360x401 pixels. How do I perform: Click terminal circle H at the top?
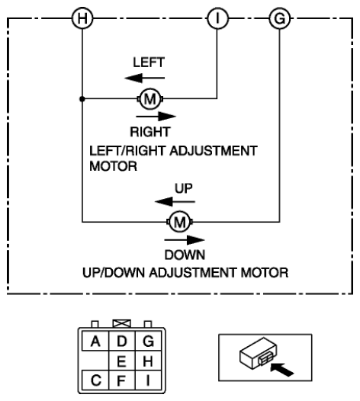click(82, 18)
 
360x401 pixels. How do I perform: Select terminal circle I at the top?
click(217, 18)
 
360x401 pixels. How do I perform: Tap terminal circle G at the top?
click(280, 18)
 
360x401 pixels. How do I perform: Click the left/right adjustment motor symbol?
click(150, 98)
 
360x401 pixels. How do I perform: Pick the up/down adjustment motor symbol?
click(179, 222)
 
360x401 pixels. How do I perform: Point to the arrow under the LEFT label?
click(145, 78)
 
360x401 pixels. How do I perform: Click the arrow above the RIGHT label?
click(156, 117)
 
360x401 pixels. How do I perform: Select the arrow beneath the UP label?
click(175, 202)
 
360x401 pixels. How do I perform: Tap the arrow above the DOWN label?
click(185, 240)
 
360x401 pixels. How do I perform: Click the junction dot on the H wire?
click(82, 98)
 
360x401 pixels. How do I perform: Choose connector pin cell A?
click(95, 341)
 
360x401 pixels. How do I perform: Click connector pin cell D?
click(122, 341)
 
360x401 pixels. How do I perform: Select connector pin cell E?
click(122, 361)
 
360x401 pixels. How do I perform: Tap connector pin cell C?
click(95, 380)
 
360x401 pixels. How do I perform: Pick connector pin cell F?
click(122, 380)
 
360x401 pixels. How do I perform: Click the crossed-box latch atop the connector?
click(122, 323)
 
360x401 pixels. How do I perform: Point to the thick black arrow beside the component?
click(281, 369)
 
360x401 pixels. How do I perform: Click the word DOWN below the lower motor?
click(185, 255)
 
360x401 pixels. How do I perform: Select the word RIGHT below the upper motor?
click(150, 132)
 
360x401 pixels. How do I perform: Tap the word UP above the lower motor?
click(184, 188)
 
